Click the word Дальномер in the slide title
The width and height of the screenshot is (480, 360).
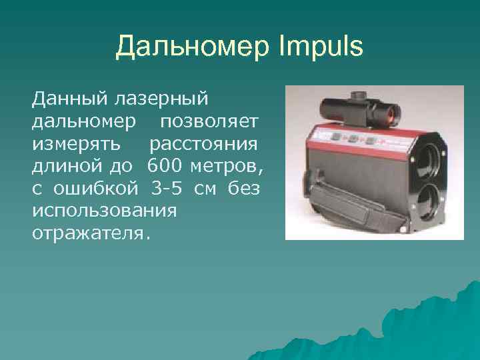pos(191,47)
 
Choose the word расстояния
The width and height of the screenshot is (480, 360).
pos(204,144)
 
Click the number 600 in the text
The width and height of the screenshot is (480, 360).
pos(164,167)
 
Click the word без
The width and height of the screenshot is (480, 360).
pos(243,189)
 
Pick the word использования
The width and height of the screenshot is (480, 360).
pos(103,211)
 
